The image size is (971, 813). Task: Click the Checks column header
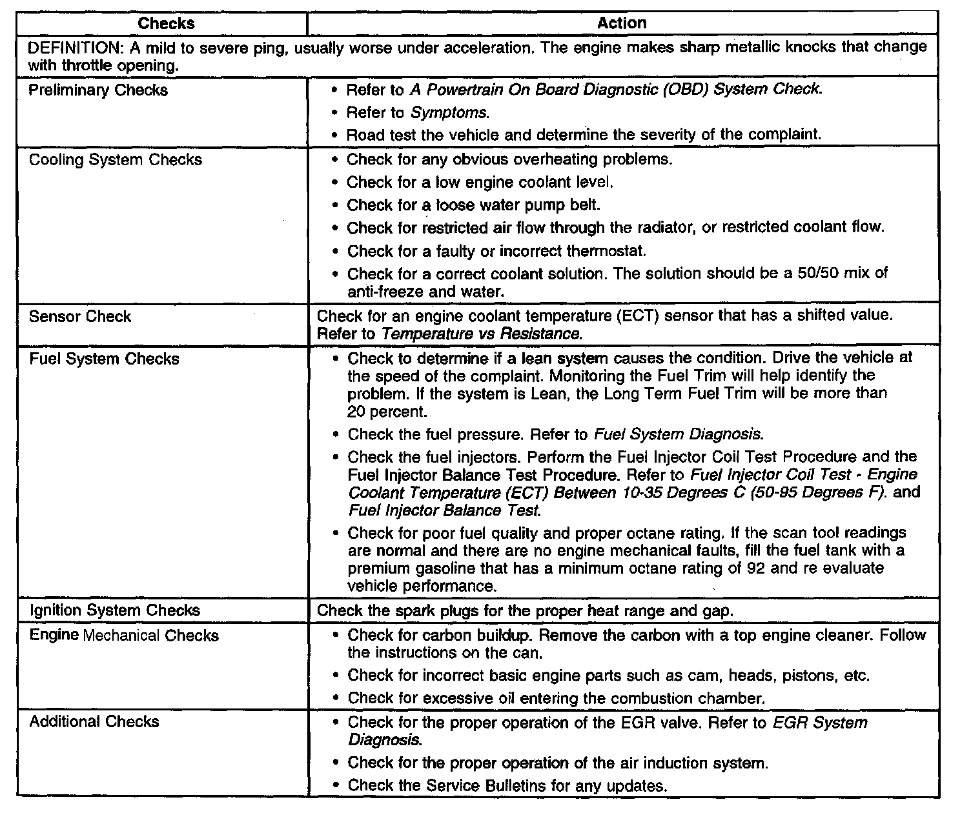[x=166, y=23]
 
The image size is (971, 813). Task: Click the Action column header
[x=622, y=23]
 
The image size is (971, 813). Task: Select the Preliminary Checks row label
[x=98, y=90]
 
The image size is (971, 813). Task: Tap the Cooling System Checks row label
[x=116, y=160]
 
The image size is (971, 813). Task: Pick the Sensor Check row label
[x=80, y=317]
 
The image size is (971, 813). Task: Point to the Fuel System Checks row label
[x=104, y=359]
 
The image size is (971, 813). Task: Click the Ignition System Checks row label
[x=115, y=610]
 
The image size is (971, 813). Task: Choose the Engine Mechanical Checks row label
[x=124, y=636]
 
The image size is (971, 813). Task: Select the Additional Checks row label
[x=94, y=721]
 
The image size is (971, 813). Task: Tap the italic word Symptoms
[x=450, y=113]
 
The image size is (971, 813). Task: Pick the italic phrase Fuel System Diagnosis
[x=679, y=434]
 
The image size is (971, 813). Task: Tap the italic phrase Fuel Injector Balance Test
[x=444, y=510]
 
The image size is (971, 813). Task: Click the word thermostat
[x=606, y=251]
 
